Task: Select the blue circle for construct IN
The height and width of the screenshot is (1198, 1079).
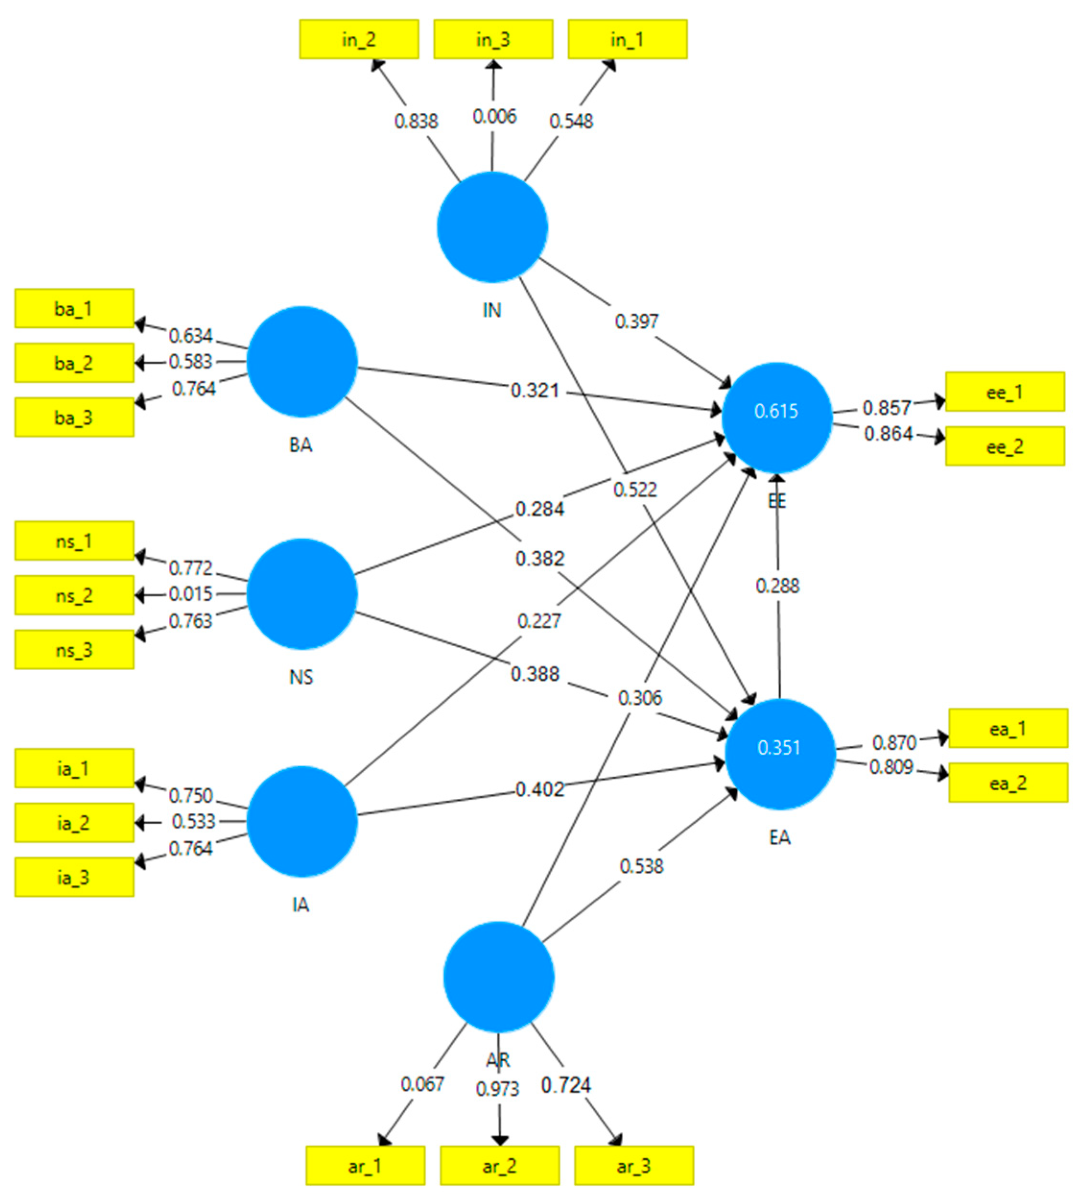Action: coord(492,227)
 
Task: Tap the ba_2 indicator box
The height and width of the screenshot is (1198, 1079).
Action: coord(74,362)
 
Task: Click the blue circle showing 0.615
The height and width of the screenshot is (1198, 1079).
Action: coord(777,417)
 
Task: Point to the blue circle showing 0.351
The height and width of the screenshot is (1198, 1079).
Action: coord(780,754)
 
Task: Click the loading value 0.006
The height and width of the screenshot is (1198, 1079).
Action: coord(494,116)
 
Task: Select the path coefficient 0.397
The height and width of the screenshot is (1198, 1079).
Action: coord(636,321)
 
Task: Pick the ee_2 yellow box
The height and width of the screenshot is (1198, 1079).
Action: coord(1004,447)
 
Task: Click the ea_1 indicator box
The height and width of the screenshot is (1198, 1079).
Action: coord(1008,728)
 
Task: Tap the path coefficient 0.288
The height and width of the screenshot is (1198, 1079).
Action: coord(777,586)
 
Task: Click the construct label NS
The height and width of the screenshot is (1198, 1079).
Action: coord(301,676)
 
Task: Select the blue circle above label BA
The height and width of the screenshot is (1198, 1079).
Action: coord(302,361)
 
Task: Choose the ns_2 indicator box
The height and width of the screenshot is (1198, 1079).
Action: coord(74,595)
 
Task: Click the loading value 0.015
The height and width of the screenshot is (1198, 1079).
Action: coord(190,593)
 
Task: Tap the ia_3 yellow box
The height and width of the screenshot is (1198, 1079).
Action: coord(74,877)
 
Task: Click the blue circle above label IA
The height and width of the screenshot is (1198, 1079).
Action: coord(302,821)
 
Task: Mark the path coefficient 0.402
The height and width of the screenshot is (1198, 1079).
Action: coord(539,789)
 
